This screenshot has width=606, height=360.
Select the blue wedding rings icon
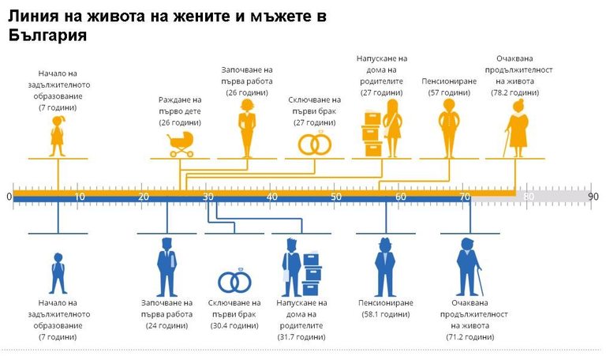[234, 282]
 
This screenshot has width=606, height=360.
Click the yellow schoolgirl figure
[58, 136]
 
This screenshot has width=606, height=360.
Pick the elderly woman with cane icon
[518, 129]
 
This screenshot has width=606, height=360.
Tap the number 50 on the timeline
[336, 197]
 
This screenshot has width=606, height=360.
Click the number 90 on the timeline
[593, 197]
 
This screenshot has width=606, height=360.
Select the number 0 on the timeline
[9, 197]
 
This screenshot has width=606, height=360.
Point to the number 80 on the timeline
[529, 197]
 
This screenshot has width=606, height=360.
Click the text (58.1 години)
[384, 314]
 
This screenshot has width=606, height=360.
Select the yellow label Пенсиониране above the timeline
[448, 81]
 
